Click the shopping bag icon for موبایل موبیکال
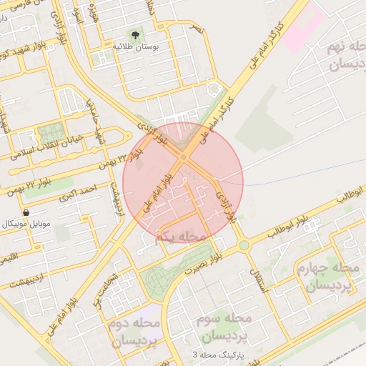(x=26, y=212)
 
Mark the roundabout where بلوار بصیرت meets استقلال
(x=244, y=245)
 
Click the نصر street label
(x=197, y=29)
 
